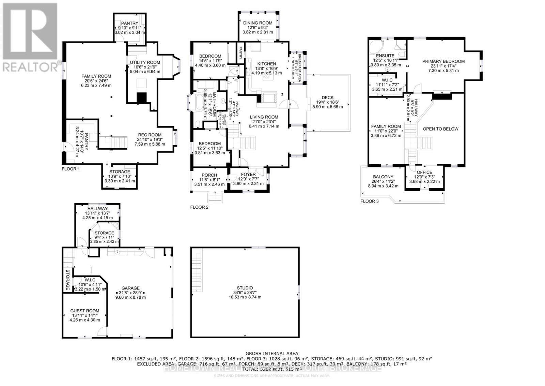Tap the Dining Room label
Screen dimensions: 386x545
click(258, 23)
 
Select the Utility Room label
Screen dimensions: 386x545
click(145, 62)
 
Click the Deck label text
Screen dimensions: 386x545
click(327, 98)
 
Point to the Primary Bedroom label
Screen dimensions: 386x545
click(443, 61)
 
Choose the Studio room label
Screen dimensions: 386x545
click(245, 288)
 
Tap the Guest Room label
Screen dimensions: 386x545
click(85, 311)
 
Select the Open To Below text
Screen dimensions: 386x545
click(440, 129)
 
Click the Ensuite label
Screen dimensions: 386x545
click(385, 56)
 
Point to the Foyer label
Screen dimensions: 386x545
click(248, 174)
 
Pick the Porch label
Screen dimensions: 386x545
click(209, 175)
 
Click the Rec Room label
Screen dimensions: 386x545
click(150, 135)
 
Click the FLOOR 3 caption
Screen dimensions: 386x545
click(369, 201)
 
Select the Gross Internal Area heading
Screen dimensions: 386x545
click(271, 353)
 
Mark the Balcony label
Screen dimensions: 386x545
click(383, 177)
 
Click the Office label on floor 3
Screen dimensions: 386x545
click(424, 172)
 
